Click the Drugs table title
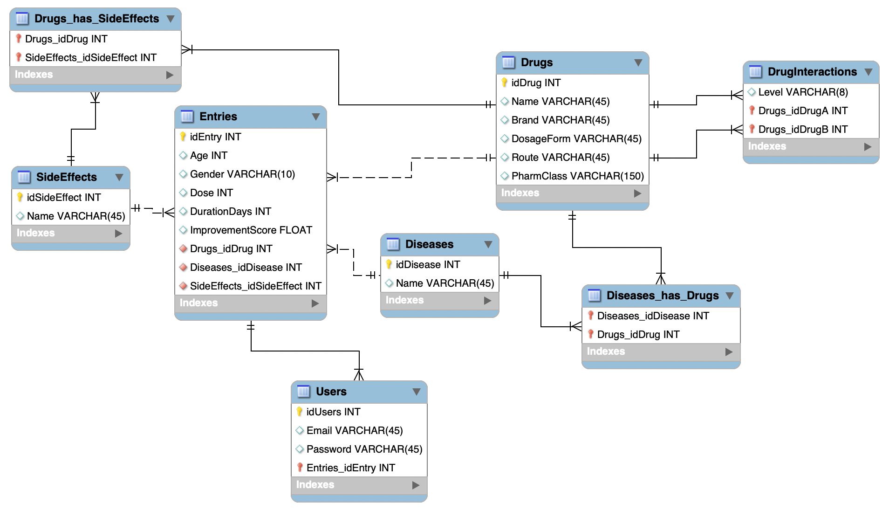tap(536, 62)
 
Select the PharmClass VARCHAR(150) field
tap(577, 176)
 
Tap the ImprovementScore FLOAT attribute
tap(251, 230)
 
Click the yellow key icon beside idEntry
tap(183, 137)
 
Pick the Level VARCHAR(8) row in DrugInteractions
tap(803, 92)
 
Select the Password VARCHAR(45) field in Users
tap(364, 449)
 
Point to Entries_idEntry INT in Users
tap(350, 468)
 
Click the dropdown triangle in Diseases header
tap(488, 244)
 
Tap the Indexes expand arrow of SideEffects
tap(118, 233)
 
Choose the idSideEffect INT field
tap(63, 197)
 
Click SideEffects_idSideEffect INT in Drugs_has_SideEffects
tap(90, 57)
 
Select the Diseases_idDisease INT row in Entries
tap(246, 267)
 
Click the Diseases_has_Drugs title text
tap(662, 296)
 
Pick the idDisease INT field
tap(428, 264)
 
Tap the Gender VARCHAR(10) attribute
tap(242, 174)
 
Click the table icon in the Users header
tap(303, 392)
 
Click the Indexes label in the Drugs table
tap(520, 193)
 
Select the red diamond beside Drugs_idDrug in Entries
tap(183, 248)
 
